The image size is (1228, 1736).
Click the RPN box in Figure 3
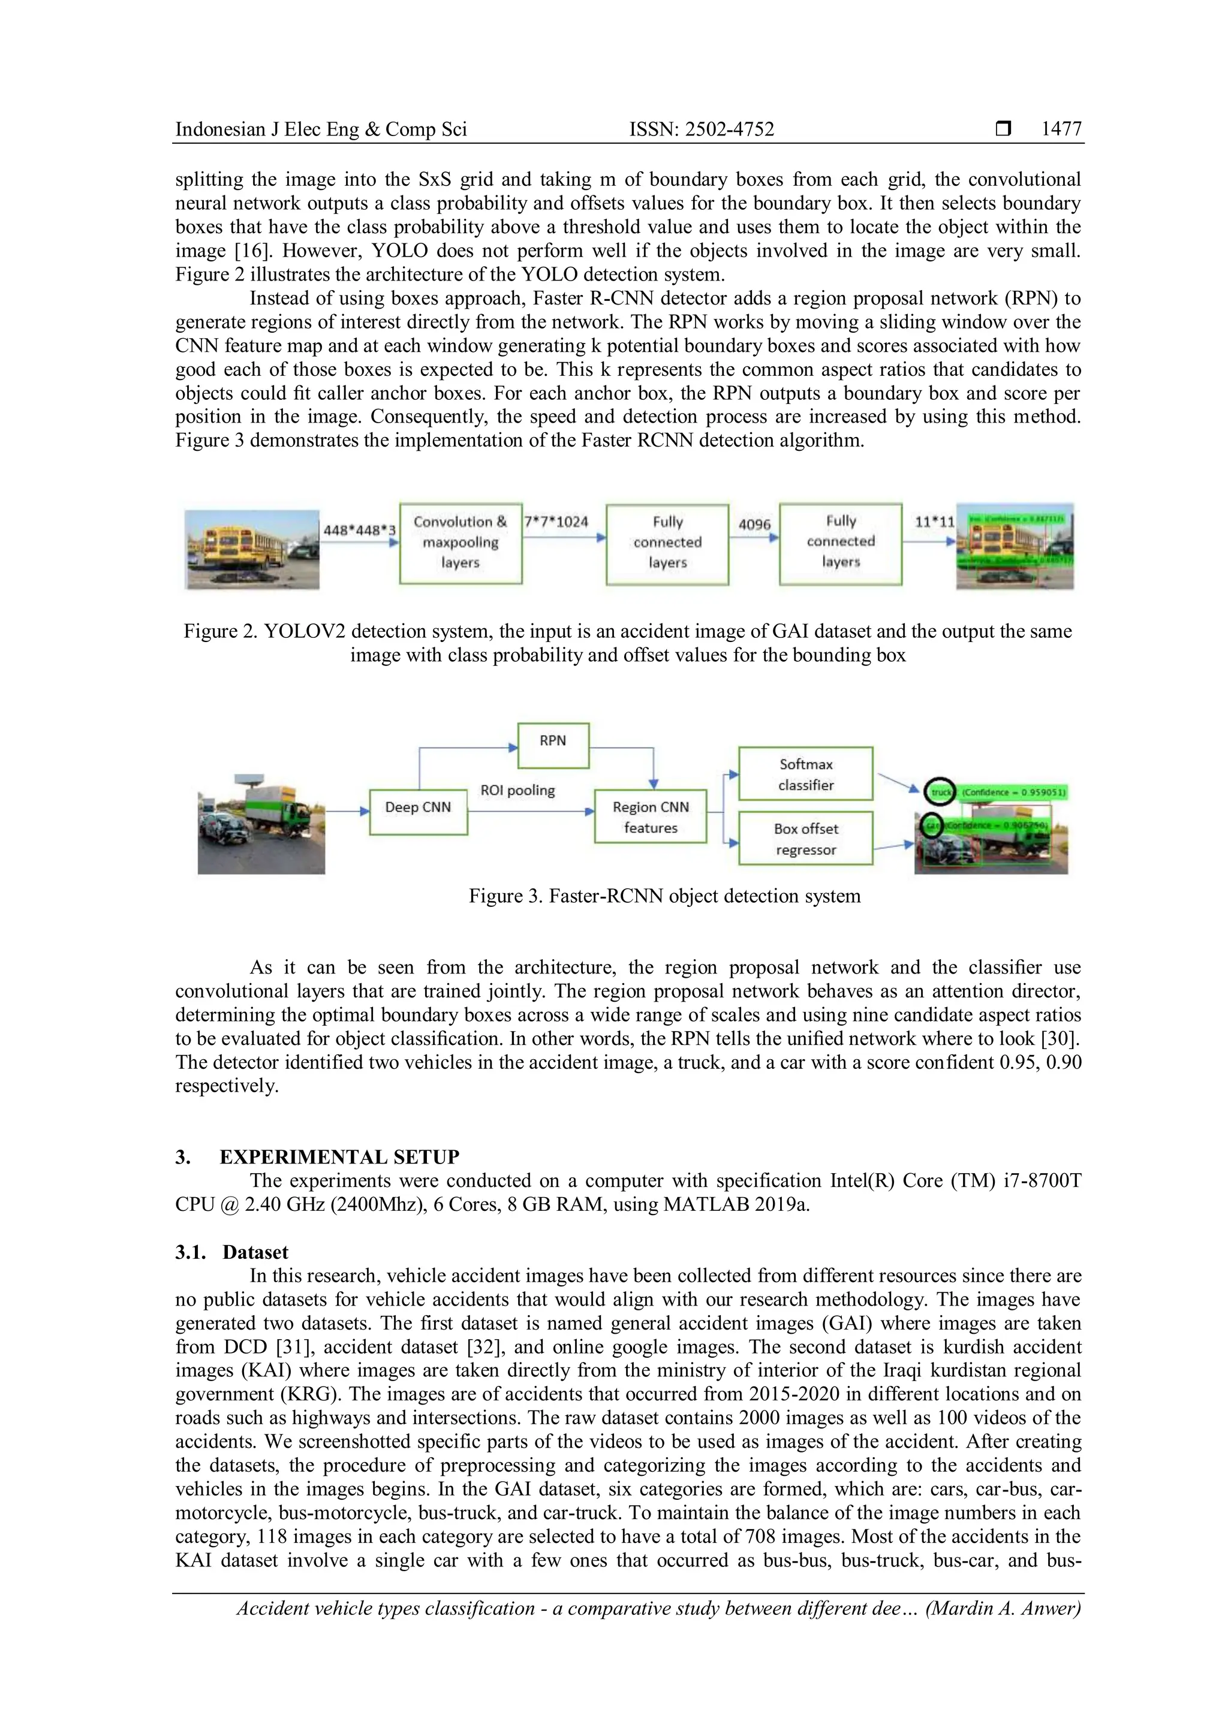click(553, 745)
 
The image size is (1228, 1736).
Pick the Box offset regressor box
click(805, 839)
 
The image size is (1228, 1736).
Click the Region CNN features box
click(651, 816)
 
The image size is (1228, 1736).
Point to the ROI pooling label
click(517, 790)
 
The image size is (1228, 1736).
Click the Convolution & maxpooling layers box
click(460, 543)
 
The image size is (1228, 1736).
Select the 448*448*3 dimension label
click(359, 530)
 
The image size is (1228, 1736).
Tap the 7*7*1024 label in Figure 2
click(556, 522)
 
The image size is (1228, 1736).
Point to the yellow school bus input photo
click(252, 550)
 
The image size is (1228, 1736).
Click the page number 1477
click(1061, 129)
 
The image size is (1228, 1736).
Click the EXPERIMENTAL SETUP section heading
click(339, 1157)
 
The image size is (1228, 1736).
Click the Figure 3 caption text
click(664, 896)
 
